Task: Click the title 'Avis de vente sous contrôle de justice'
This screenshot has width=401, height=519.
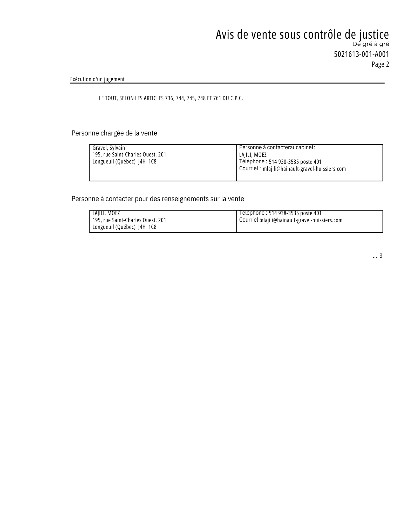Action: [302, 35]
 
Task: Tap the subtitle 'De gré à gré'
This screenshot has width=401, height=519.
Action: [371, 44]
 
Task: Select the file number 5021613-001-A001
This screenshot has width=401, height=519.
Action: [361, 54]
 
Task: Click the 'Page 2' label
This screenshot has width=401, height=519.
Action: [380, 64]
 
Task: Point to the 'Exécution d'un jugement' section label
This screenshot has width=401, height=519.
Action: [97, 79]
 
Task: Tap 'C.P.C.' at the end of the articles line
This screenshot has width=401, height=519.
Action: [236, 98]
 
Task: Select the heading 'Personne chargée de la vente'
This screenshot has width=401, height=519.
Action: [114, 133]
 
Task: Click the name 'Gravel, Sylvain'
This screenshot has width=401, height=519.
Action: [109, 148]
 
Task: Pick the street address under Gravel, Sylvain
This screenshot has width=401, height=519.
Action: [129, 155]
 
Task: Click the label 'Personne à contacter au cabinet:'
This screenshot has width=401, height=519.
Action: [277, 147]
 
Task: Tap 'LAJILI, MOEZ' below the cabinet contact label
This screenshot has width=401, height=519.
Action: [253, 155]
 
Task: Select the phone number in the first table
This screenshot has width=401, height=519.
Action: [295, 162]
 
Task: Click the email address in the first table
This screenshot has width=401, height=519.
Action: [304, 169]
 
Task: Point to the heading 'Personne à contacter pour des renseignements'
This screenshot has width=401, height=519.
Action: [158, 199]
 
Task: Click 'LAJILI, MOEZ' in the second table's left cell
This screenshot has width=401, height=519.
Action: [106, 213]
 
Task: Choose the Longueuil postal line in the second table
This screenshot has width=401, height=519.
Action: [125, 227]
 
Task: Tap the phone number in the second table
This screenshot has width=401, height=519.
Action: [295, 213]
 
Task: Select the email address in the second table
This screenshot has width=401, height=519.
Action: [301, 220]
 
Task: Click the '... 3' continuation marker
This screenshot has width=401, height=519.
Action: [377, 256]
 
